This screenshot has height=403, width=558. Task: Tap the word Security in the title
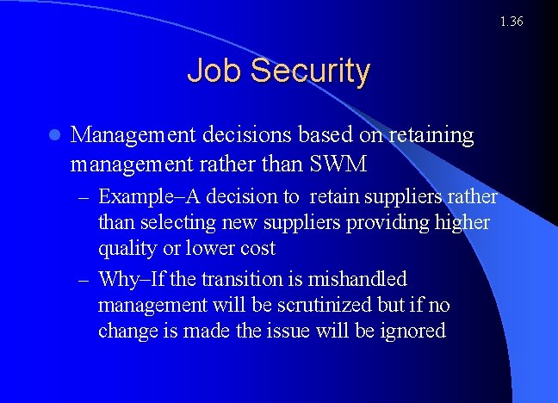click(307, 71)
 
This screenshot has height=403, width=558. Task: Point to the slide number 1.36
click(511, 21)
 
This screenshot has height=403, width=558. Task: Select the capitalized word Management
click(132, 135)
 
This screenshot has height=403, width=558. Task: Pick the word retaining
click(431, 135)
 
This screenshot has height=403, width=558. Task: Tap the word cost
click(255, 249)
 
